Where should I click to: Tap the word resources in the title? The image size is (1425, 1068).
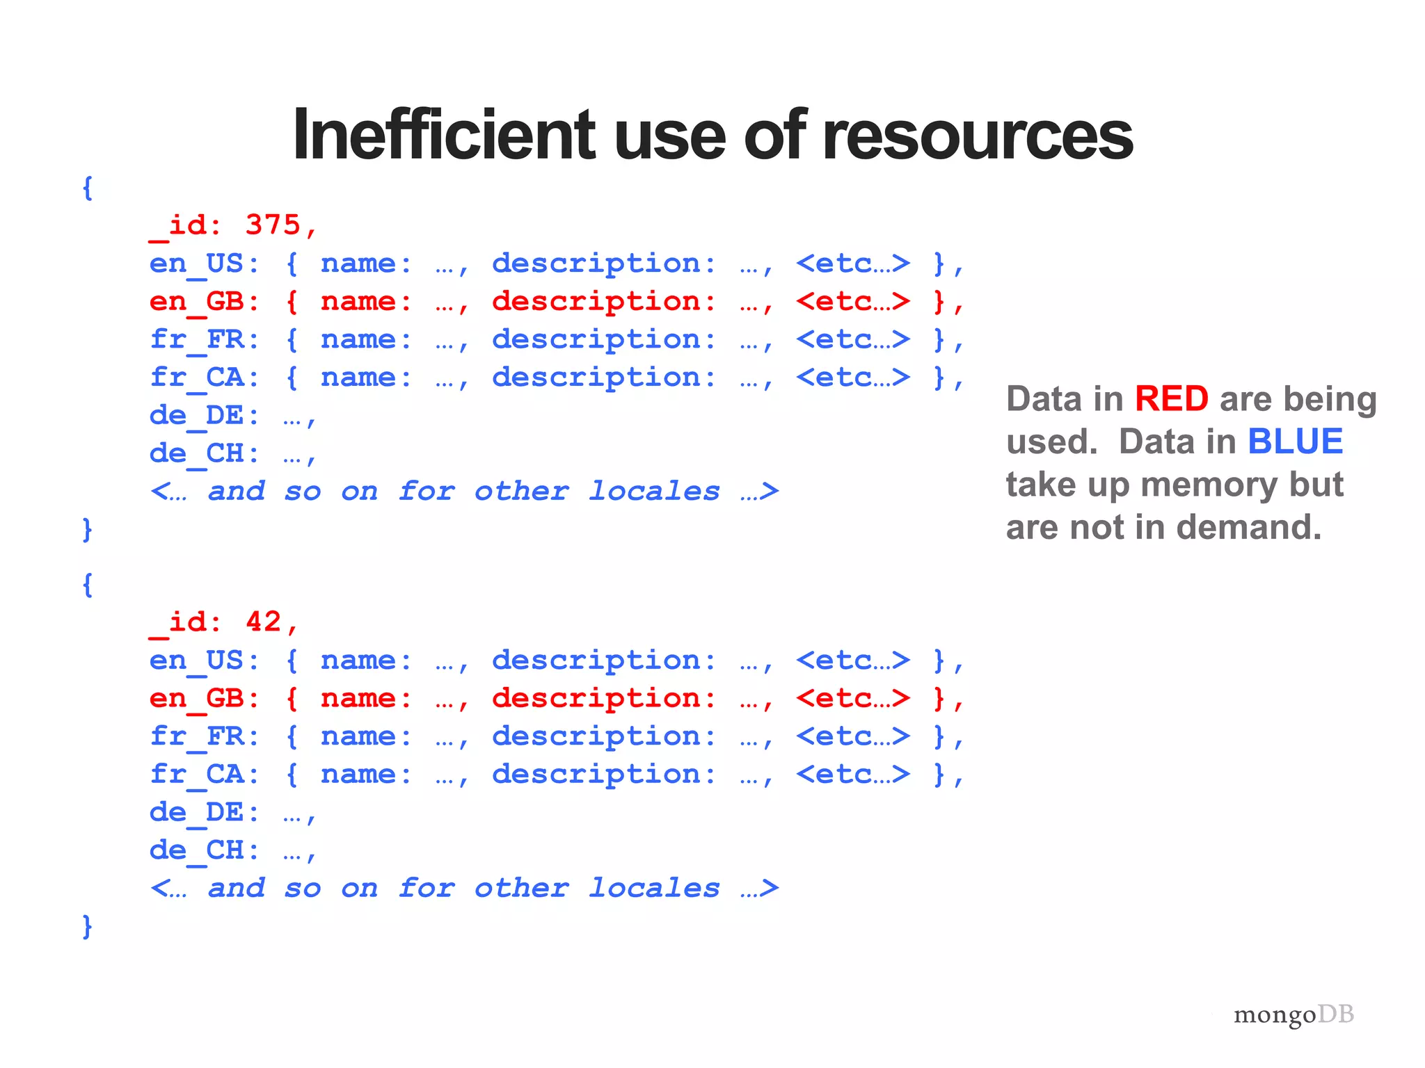[977, 135]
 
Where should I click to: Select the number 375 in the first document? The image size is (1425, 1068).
[273, 225]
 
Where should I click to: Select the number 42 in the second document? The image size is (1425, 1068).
[263, 622]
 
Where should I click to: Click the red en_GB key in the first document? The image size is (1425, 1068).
[198, 301]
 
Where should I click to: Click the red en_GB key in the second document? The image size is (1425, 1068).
[198, 698]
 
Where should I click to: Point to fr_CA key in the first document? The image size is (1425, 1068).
[198, 378]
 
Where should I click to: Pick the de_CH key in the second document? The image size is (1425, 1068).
[198, 850]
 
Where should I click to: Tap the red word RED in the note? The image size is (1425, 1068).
[1171, 399]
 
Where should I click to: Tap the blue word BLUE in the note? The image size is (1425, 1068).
[1295, 442]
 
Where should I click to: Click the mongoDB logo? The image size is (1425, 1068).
[1293, 1014]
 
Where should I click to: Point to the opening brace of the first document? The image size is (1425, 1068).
[87, 188]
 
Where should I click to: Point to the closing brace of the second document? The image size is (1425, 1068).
[87, 926]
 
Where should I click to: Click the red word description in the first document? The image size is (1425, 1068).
[596, 302]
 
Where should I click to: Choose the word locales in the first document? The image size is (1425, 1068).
[654, 492]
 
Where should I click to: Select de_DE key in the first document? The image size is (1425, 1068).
[198, 416]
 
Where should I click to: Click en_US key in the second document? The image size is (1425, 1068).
[198, 660]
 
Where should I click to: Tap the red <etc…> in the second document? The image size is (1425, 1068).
[853, 698]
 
